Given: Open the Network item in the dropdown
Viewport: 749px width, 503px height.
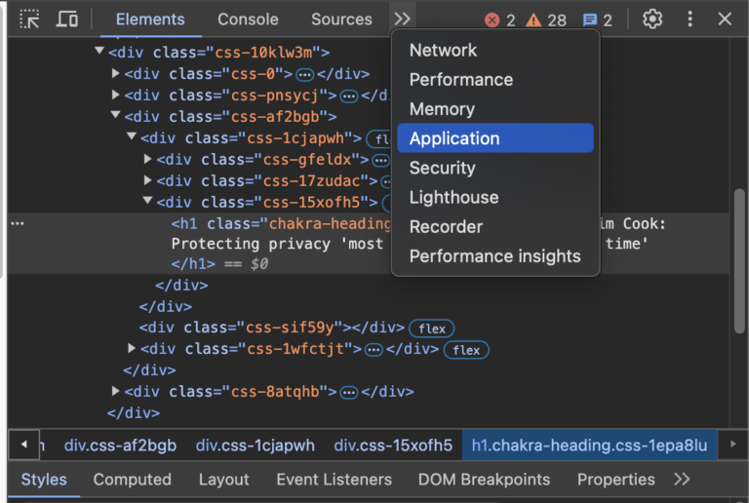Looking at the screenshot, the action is (443, 50).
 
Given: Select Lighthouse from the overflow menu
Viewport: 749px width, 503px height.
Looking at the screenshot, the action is (453, 197).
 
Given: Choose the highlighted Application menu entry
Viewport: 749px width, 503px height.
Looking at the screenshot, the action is (495, 138).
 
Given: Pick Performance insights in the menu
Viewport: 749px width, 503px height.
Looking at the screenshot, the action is (494, 256).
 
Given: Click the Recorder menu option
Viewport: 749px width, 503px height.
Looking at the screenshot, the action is (446, 227).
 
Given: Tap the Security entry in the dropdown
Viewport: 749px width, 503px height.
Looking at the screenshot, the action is (443, 168).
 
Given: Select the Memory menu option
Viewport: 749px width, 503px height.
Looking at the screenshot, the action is (442, 109).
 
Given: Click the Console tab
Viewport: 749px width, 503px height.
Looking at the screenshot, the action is (248, 19).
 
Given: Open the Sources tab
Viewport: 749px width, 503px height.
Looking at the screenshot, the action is (341, 19).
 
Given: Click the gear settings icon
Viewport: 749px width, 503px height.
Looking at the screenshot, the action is (652, 19).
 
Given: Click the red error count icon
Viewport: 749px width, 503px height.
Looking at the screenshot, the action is (492, 20).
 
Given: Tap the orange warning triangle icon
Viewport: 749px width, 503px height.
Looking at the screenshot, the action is (533, 20).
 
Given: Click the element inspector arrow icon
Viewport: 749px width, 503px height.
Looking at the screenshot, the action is (29, 19).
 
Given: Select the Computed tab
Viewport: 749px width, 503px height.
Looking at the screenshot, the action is (133, 480).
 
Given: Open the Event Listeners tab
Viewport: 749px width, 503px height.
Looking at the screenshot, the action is (334, 480).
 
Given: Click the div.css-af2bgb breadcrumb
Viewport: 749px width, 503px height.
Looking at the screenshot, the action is (120, 445).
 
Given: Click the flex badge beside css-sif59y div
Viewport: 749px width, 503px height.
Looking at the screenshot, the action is (432, 329).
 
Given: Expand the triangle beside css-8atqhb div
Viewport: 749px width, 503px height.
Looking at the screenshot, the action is (115, 391).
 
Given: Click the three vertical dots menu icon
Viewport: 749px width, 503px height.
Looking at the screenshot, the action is (690, 19).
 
